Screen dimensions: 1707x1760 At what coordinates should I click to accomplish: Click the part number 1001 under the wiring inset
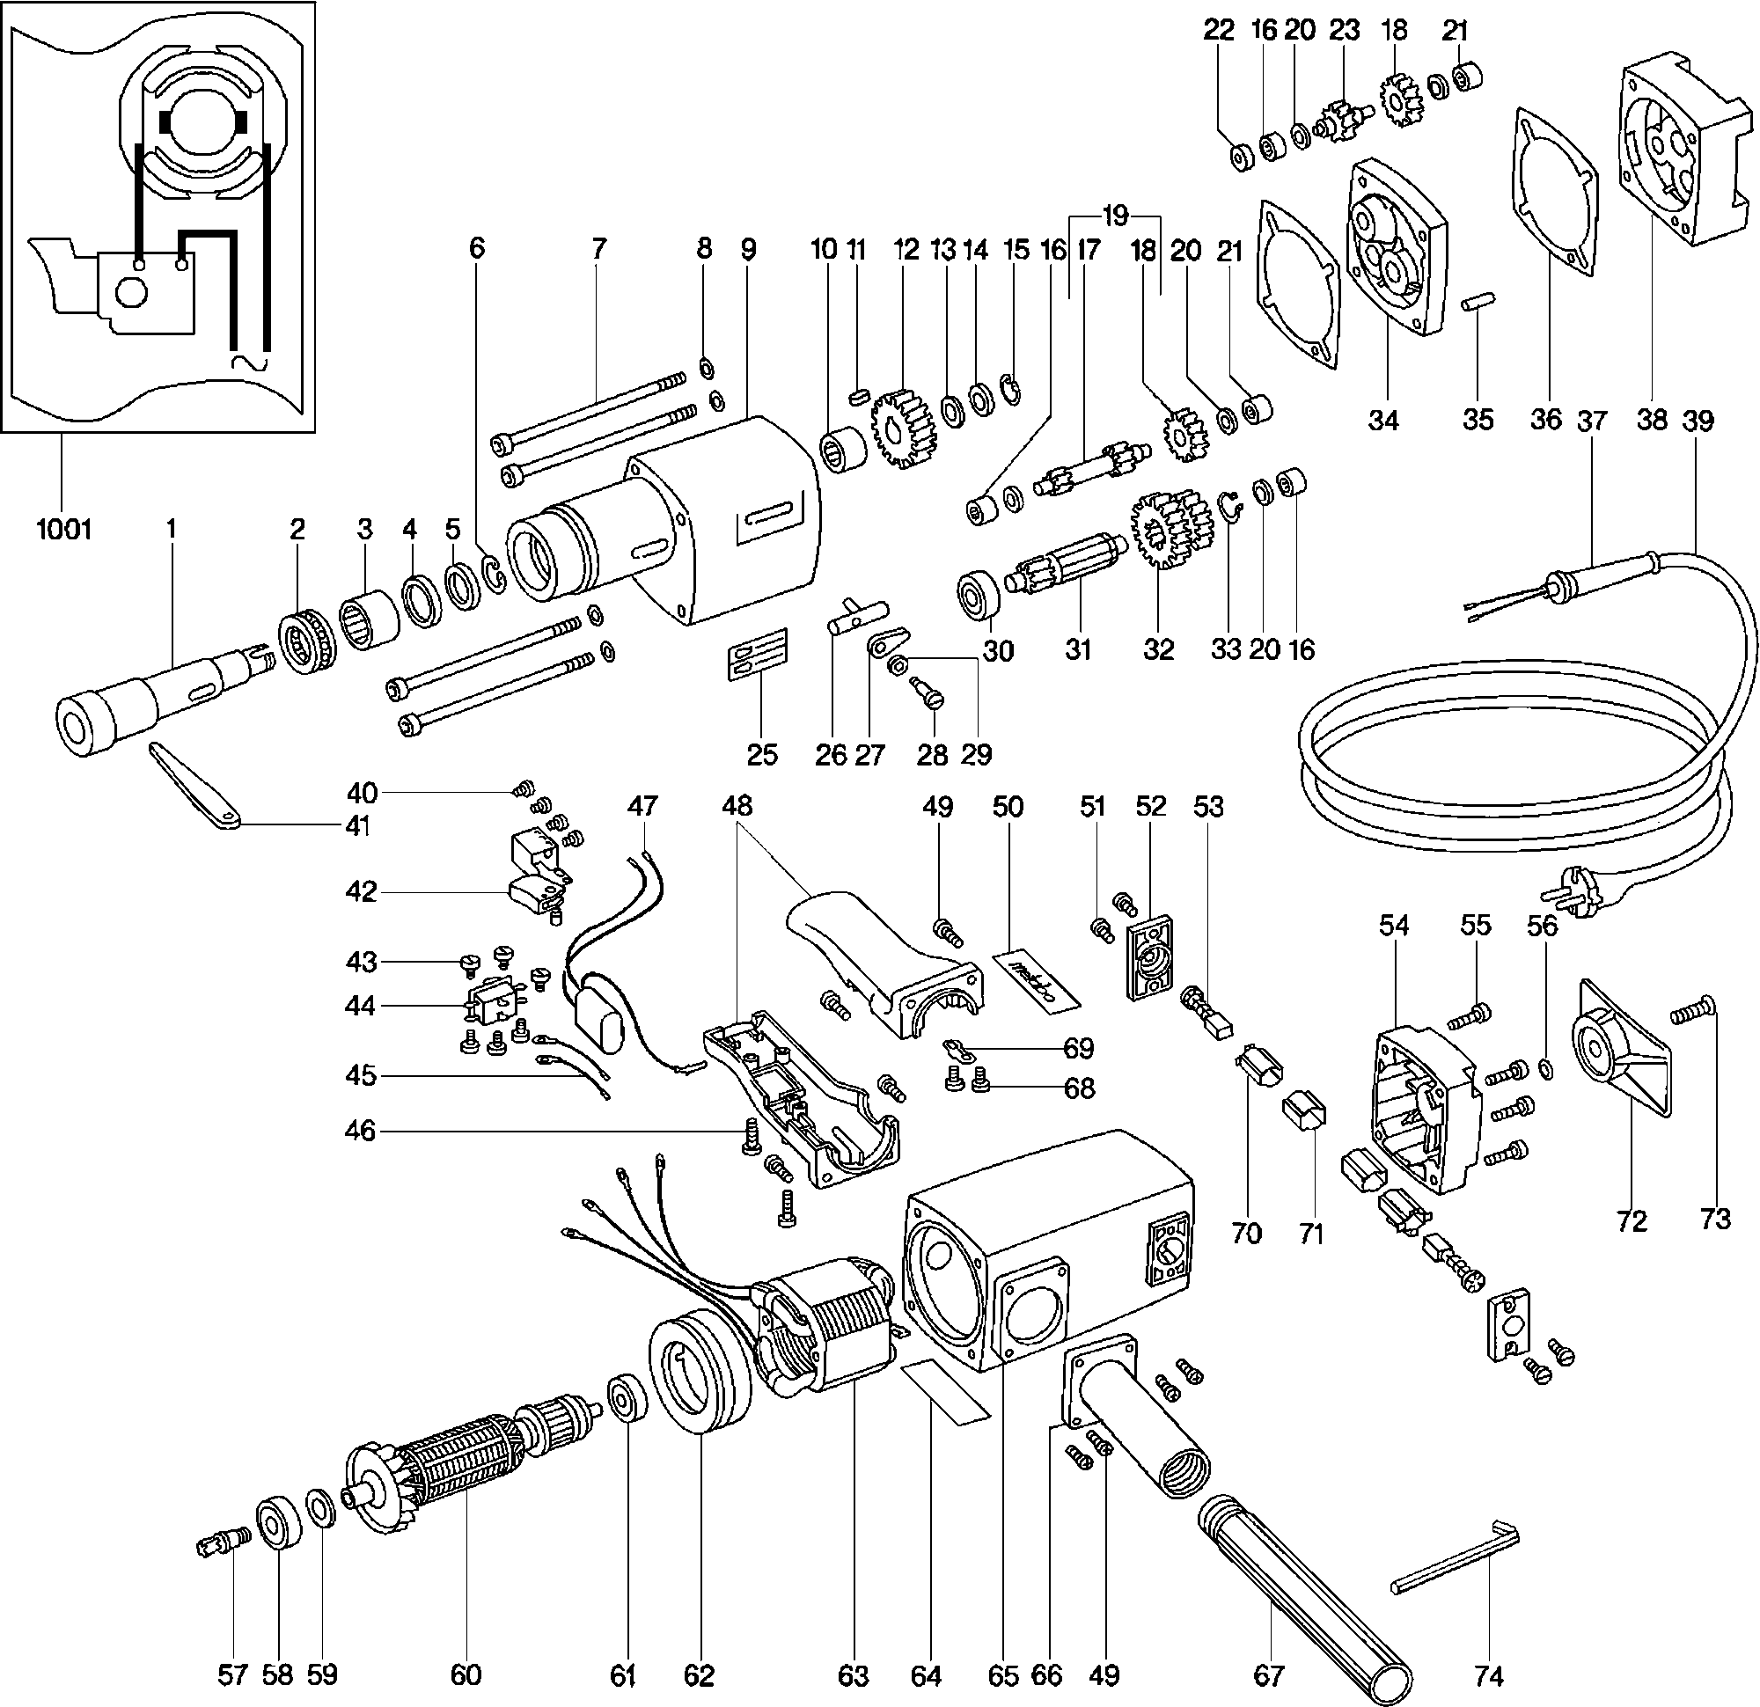[63, 530]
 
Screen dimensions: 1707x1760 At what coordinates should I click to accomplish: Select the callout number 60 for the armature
[466, 1674]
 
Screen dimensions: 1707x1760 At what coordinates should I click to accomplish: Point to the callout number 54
[1394, 926]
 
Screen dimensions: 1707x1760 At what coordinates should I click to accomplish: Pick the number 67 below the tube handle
[1268, 1674]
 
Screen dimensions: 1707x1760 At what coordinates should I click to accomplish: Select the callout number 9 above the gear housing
[748, 249]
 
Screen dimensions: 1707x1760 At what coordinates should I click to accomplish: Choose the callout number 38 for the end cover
[1652, 420]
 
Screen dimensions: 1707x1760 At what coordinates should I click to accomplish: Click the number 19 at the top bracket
[1114, 216]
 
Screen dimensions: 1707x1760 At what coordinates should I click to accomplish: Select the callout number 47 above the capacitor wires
[643, 805]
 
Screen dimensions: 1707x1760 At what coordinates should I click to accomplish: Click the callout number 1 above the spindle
[171, 529]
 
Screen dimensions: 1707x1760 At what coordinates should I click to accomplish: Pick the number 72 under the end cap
[1632, 1220]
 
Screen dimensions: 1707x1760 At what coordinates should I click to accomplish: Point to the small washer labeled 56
[1545, 1066]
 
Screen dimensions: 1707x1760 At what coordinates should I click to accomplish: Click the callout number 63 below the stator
[853, 1674]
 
